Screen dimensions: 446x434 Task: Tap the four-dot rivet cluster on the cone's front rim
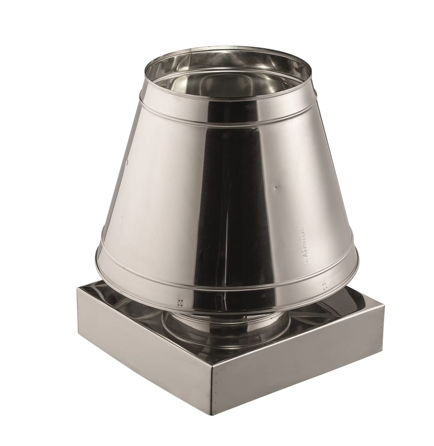coord(181,302)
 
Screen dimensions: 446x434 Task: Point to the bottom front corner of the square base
coord(212,414)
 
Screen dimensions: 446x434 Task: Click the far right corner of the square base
coord(384,305)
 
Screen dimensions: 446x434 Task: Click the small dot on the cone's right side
coord(275,187)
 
